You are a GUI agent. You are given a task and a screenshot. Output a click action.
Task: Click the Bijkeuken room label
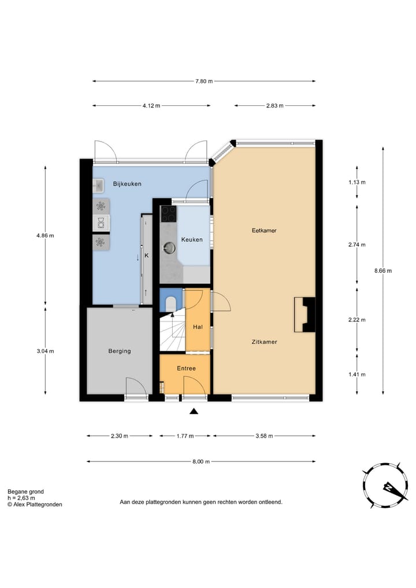[x=128, y=184]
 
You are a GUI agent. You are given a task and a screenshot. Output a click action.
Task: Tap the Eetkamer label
[x=264, y=231]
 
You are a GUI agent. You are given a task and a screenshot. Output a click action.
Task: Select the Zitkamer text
[x=265, y=342]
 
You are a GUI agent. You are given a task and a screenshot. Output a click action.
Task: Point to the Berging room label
[x=120, y=351]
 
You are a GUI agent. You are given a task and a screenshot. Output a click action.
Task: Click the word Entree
[x=186, y=368]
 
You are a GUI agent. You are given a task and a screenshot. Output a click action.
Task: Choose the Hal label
[x=198, y=327]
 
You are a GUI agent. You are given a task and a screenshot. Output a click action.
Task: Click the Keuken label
[x=192, y=239]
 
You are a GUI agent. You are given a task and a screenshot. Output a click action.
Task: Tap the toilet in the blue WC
[x=171, y=304]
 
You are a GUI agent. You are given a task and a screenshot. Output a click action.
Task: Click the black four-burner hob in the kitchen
[x=169, y=214]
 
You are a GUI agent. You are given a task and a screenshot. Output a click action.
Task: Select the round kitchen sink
[x=169, y=247]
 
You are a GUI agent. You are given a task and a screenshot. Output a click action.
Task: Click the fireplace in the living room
[x=304, y=315]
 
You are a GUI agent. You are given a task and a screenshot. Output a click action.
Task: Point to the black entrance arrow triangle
[x=194, y=412]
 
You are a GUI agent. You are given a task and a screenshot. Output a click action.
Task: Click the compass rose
[x=385, y=485]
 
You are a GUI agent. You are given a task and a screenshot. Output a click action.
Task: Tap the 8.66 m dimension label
[x=383, y=271]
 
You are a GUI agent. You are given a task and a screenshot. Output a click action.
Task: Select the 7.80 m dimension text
[x=204, y=81]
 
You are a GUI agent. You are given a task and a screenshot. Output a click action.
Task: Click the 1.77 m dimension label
[x=185, y=436]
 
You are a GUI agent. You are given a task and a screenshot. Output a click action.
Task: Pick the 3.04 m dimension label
[x=45, y=351]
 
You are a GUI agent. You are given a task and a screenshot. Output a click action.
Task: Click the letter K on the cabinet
[x=147, y=256]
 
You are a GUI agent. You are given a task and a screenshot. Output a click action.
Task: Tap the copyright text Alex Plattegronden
[x=35, y=504]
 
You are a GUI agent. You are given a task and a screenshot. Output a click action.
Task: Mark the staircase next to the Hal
[x=172, y=332]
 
